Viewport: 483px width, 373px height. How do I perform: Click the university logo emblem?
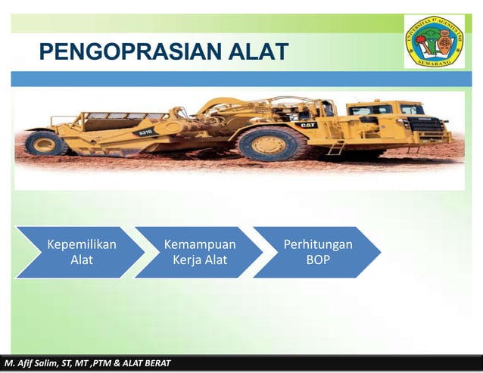pos(434,41)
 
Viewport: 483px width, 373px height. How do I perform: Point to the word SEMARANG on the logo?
pos(434,62)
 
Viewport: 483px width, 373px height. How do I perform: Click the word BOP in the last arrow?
pos(317,260)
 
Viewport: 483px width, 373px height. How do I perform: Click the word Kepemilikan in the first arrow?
pos(81,244)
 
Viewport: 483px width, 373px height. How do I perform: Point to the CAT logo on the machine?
pos(307,124)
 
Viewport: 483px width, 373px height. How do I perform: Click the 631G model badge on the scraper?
pos(145,131)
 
